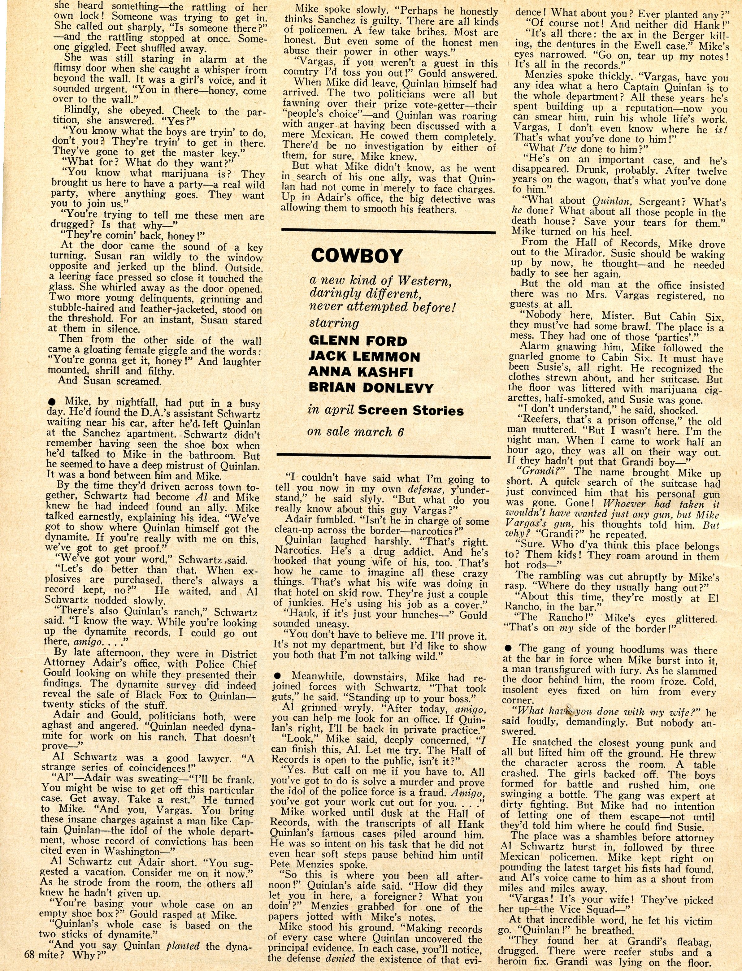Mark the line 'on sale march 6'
[356, 431]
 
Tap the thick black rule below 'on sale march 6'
[383, 455]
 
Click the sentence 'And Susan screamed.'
[110, 381]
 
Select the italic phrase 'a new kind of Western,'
[380, 281]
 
